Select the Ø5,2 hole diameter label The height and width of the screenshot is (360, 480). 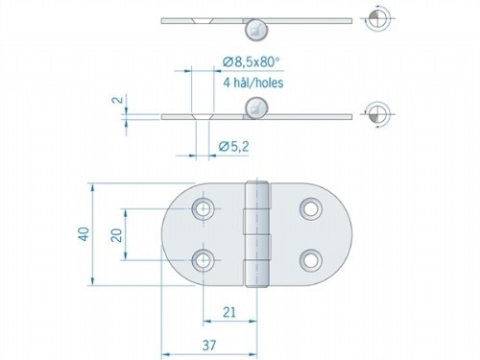point(234,147)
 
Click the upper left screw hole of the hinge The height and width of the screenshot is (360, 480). point(204,208)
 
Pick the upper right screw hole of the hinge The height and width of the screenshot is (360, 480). point(309,208)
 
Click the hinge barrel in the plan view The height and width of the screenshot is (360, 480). point(256,233)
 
